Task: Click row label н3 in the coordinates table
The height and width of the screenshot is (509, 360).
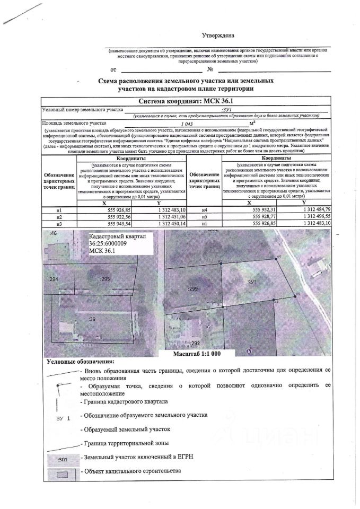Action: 59,224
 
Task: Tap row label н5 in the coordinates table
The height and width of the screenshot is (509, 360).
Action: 205,217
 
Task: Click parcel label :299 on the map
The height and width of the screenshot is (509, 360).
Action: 193,289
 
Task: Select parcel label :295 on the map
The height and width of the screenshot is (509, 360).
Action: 104,279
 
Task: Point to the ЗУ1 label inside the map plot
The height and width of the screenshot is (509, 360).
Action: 252,283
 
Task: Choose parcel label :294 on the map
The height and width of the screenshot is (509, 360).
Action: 53,279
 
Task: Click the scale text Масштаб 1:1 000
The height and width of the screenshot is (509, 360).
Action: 196,353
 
